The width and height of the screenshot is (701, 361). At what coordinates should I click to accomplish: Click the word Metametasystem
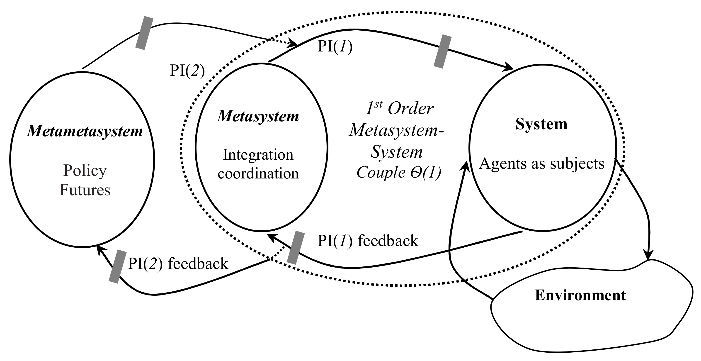85,132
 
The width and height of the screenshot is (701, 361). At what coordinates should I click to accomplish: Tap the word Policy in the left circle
85,171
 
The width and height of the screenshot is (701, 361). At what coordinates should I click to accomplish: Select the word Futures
85,190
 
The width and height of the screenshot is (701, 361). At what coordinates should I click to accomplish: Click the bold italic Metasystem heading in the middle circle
258,117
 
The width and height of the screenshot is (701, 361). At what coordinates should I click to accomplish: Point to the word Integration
258,155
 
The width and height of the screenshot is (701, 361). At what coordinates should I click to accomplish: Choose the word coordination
258,174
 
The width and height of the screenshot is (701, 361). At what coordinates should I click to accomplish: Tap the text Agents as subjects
541,164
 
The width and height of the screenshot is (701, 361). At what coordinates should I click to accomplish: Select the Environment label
580,295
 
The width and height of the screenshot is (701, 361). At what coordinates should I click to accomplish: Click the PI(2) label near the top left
187,71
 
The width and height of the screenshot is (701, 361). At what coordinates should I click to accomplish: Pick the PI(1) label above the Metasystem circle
335,47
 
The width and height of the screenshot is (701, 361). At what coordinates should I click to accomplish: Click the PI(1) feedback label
367,241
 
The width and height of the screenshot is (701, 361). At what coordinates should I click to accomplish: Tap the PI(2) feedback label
178,264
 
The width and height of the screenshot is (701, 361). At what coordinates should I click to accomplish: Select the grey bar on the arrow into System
442,51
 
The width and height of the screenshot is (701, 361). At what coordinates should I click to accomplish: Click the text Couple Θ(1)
399,173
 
